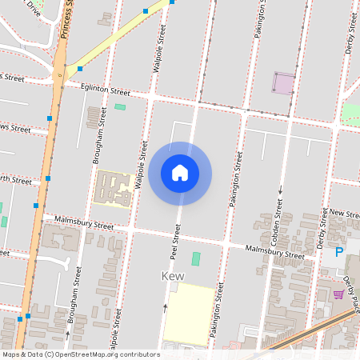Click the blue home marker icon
pyautogui.click(x=180, y=173)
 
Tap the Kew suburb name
pyautogui.click(x=174, y=276)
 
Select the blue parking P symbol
pyautogui.click(x=338, y=252)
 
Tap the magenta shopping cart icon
pyautogui.click(x=338, y=294)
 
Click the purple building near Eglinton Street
pyautogui.click(x=284, y=82)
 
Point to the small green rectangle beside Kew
pyautogui.click(x=196, y=258)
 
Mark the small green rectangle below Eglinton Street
pyautogui.click(x=120, y=106)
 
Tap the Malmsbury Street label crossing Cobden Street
pyautogui.click(x=274, y=252)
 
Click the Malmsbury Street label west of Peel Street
pyautogui.click(x=84, y=223)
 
